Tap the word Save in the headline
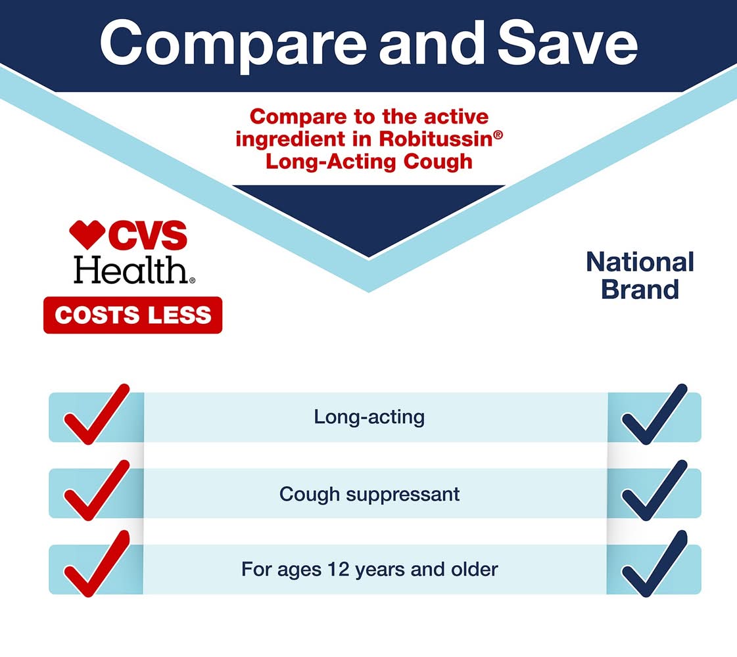click(567, 43)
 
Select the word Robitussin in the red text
click(436, 139)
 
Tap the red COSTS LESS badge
click(133, 315)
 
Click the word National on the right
click(640, 262)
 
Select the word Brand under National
click(640, 289)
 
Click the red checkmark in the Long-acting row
click(97, 414)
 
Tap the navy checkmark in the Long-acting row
click(654, 414)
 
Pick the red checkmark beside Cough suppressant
click(97, 490)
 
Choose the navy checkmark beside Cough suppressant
click(654, 490)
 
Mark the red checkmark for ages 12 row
click(97, 564)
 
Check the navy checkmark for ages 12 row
click(654, 564)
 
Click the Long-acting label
click(369, 417)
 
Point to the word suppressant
click(403, 495)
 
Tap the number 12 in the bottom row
click(339, 569)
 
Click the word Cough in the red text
click(438, 161)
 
